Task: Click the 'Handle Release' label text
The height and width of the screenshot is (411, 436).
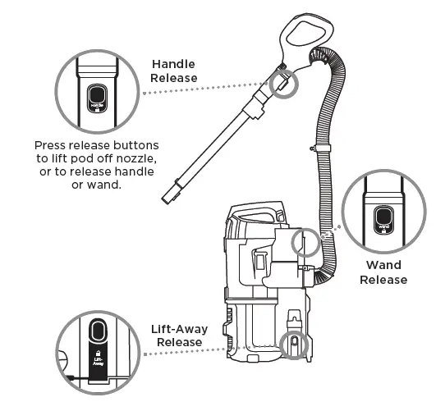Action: click(x=175, y=71)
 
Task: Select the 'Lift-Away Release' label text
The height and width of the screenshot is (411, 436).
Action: click(x=179, y=335)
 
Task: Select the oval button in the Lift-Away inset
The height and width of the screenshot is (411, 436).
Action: click(x=97, y=329)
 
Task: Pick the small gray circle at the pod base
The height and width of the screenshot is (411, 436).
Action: click(x=292, y=344)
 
